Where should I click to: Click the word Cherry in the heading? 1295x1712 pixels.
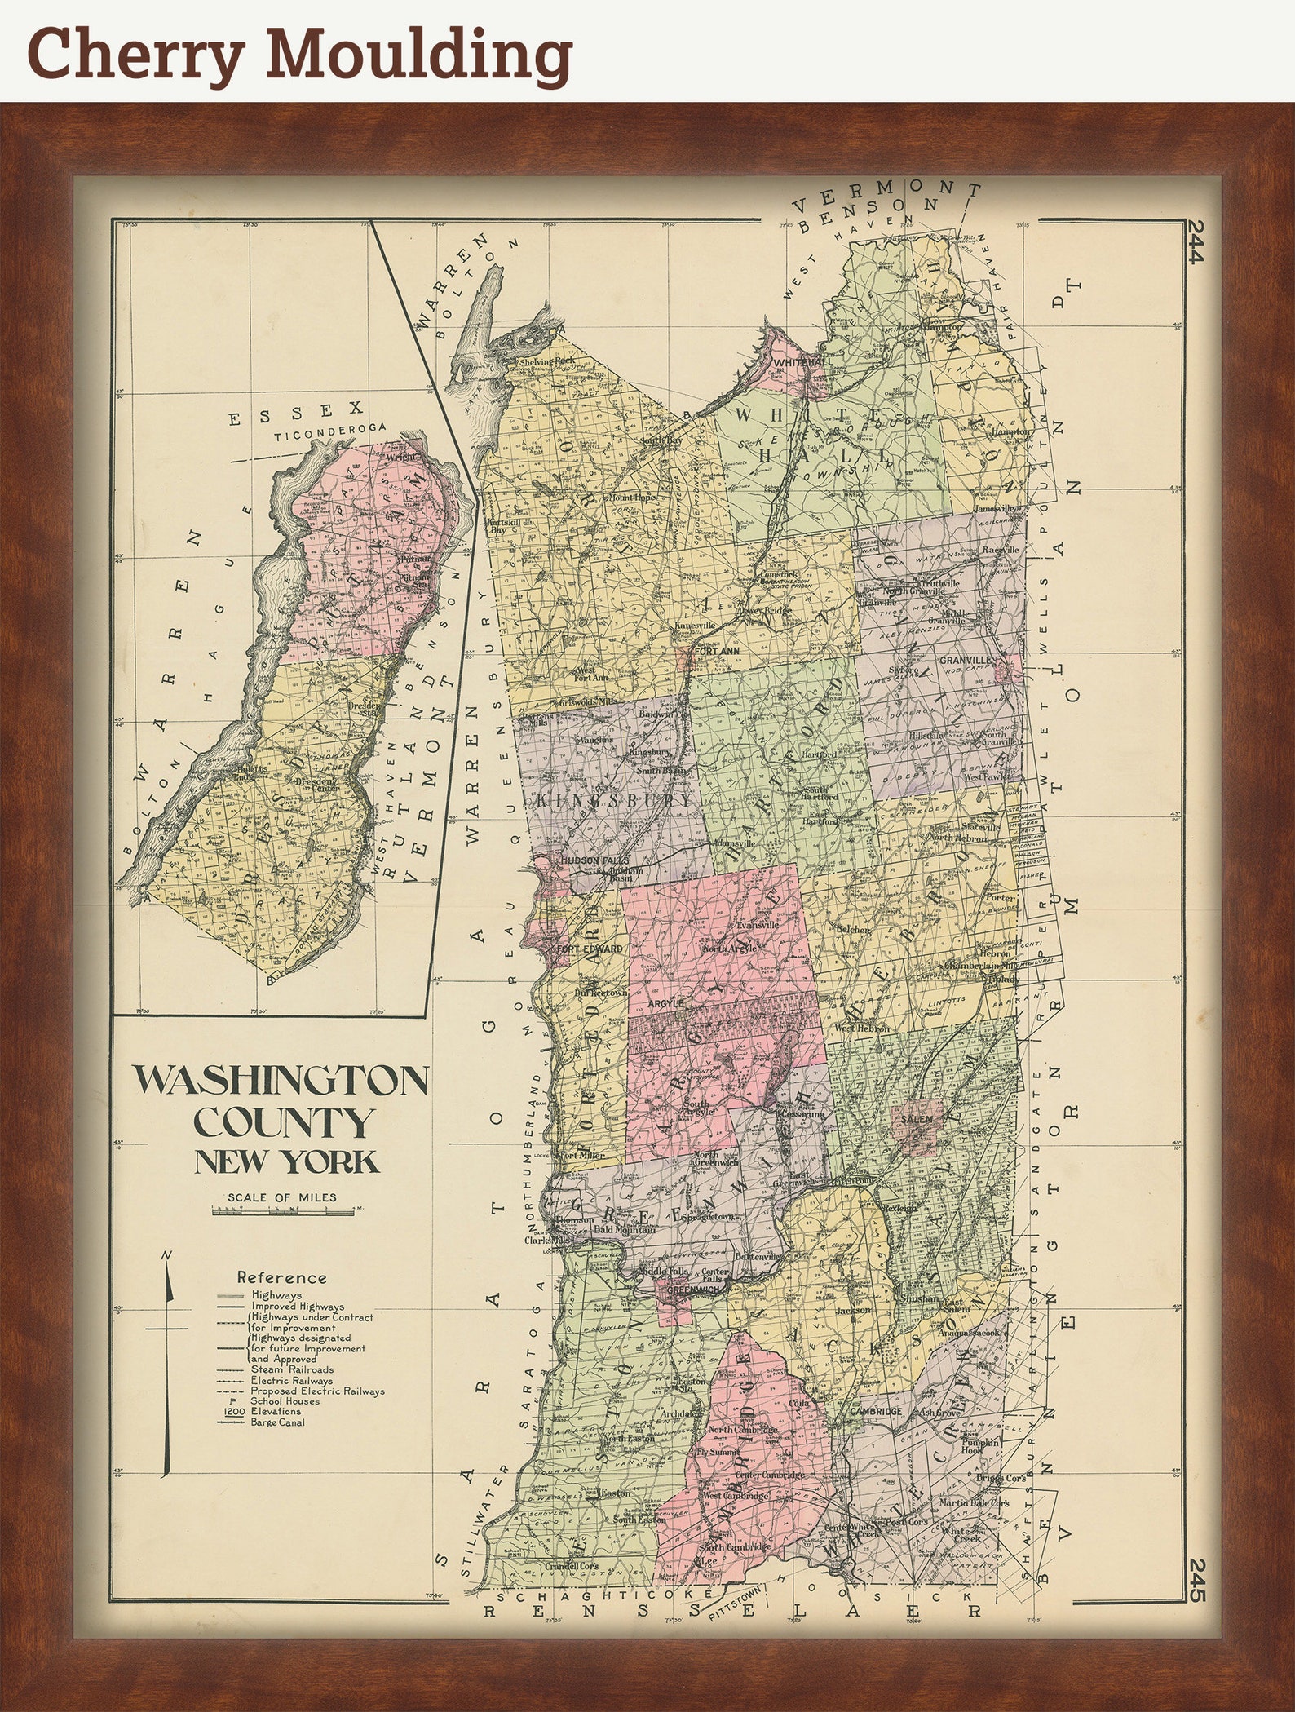coord(135,54)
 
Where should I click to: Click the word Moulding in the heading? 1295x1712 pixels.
coord(418,54)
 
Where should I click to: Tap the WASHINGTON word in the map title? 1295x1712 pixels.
coord(281,1081)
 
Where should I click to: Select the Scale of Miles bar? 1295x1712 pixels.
coord(283,1212)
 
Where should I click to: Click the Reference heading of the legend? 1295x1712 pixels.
coord(281,1278)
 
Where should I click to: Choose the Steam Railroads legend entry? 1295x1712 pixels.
coord(291,1369)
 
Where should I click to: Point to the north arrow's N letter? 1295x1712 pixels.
coord(166,1256)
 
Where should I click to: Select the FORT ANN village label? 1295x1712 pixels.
coord(717,652)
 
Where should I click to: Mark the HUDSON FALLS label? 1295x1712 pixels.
coord(590,860)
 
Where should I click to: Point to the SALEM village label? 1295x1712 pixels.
coord(916,1120)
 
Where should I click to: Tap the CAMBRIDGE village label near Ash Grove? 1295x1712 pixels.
coord(876,1412)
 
